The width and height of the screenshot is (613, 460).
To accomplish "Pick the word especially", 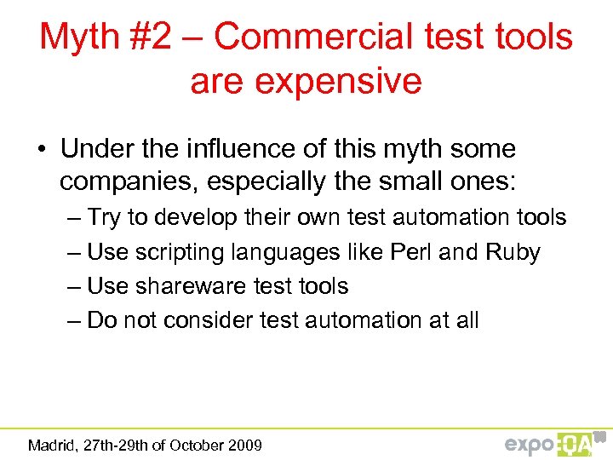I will click(x=261, y=181).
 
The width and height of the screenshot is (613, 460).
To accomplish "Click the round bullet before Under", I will click(x=42, y=150).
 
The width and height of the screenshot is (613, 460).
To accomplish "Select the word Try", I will click(x=105, y=218).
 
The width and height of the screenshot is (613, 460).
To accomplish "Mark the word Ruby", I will click(x=513, y=252).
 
